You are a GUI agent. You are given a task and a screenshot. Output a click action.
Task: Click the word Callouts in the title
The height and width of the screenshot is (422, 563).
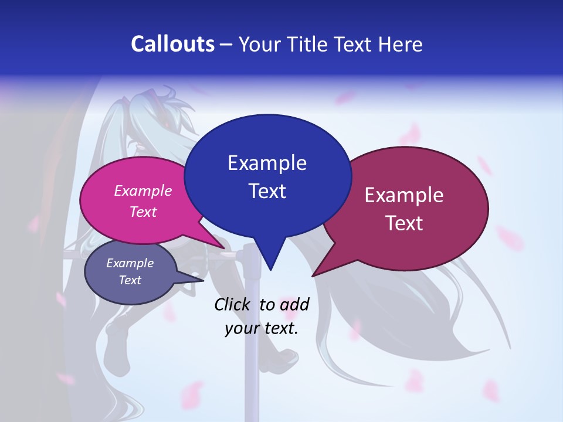pyautogui.click(x=172, y=44)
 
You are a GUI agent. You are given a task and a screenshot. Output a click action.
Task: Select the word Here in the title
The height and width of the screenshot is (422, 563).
pyautogui.click(x=401, y=44)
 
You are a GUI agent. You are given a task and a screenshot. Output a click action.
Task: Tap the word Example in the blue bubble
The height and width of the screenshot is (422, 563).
pyautogui.click(x=267, y=163)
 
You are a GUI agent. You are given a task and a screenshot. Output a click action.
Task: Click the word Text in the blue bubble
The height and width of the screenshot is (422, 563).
pyautogui.click(x=267, y=191)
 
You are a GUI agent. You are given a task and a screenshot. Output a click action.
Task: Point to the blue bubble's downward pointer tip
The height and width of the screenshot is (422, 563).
pyautogui.click(x=270, y=268)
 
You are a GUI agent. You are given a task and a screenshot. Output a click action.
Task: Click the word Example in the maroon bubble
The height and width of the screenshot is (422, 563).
pyautogui.click(x=404, y=195)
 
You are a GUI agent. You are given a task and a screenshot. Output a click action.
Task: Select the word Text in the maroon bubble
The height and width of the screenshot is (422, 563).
pyautogui.click(x=404, y=223)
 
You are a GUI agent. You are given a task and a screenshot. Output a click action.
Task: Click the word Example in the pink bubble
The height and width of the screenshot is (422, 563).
pyautogui.click(x=143, y=190)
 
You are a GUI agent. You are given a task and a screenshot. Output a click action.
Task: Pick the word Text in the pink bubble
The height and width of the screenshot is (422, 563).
pyautogui.click(x=143, y=212)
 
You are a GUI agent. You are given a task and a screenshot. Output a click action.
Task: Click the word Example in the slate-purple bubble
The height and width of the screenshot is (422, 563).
pyautogui.click(x=130, y=263)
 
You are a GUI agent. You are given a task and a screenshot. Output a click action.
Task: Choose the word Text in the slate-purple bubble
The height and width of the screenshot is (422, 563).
pyautogui.click(x=130, y=280)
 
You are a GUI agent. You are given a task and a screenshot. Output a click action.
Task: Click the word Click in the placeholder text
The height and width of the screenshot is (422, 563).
pyautogui.click(x=232, y=304)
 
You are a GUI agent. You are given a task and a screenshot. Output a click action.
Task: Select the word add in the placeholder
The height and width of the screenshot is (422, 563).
pyautogui.click(x=294, y=304)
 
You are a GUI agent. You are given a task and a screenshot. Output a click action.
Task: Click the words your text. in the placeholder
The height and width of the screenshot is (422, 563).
pyautogui.click(x=262, y=328)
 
